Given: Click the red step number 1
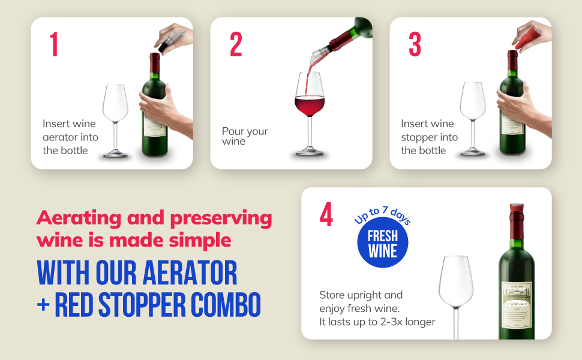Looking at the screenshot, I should [54, 44].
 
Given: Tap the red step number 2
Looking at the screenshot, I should [236, 44].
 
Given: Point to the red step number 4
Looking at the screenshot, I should [326, 215].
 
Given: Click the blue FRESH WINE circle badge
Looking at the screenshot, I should [382, 243].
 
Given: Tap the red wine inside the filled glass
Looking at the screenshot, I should [310, 106].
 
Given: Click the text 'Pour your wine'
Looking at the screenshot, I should [245, 136].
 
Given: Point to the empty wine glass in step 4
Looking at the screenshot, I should [456, 288].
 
